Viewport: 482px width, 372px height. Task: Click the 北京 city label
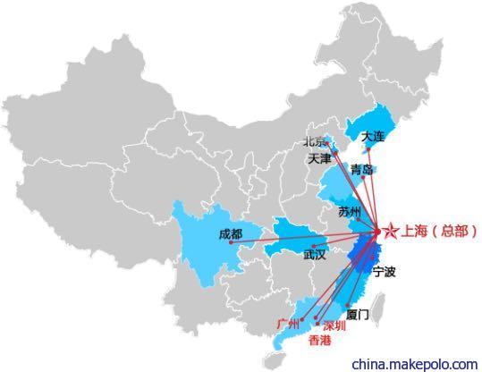(314, 141)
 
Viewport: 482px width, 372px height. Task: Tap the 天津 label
(320, 158)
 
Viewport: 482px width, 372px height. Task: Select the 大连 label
(373, 137)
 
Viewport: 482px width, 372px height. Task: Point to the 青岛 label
(362, 169)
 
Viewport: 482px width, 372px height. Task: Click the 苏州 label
(350, 212)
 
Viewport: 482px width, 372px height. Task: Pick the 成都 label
(231, 234)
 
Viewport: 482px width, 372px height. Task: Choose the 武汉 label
(315, 255)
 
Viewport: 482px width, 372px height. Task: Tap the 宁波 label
(384, 272)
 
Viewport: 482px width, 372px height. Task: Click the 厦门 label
(357, 315)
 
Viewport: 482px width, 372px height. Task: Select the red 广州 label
(288, 324)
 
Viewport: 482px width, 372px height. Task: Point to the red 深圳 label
(334, 325)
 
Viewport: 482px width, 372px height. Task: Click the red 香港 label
(320, 341)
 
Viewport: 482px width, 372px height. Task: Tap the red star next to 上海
(392, 232)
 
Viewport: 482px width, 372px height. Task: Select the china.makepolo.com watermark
(415, 365)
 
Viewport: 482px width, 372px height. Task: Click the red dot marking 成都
(231, 242)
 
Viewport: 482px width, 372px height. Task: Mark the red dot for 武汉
(314, 246)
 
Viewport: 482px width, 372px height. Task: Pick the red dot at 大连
(368, 149)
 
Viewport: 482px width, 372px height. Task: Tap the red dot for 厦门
(347, 305)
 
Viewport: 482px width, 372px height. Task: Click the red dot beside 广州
(302, 320)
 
